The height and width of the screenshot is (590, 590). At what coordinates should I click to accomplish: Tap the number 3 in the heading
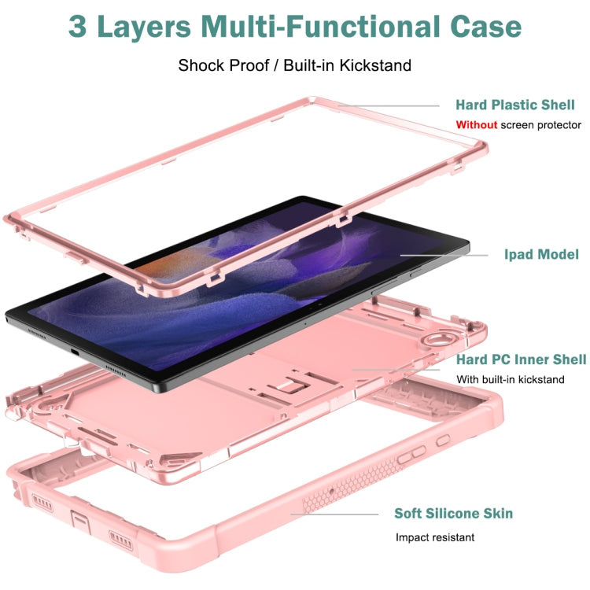(79, 27)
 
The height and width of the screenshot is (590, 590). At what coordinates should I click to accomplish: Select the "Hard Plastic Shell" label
(515, 105)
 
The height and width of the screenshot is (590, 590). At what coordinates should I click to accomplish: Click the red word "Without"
(477, 125)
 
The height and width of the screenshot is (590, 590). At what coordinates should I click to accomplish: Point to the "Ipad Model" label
(541, 254)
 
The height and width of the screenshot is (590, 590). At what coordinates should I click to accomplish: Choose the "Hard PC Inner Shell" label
(521, 360)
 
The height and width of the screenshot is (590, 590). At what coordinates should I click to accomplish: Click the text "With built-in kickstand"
(511, 379)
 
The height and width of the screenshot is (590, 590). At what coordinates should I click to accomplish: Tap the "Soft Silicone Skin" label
(453, 513)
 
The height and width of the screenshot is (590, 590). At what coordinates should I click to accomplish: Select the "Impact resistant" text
(435, 537)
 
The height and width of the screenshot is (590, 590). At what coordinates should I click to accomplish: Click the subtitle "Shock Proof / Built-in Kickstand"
(294, 65)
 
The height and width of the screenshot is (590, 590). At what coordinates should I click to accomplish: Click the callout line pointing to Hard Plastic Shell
(389, 105)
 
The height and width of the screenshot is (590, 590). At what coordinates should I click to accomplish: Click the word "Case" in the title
(481, 27)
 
